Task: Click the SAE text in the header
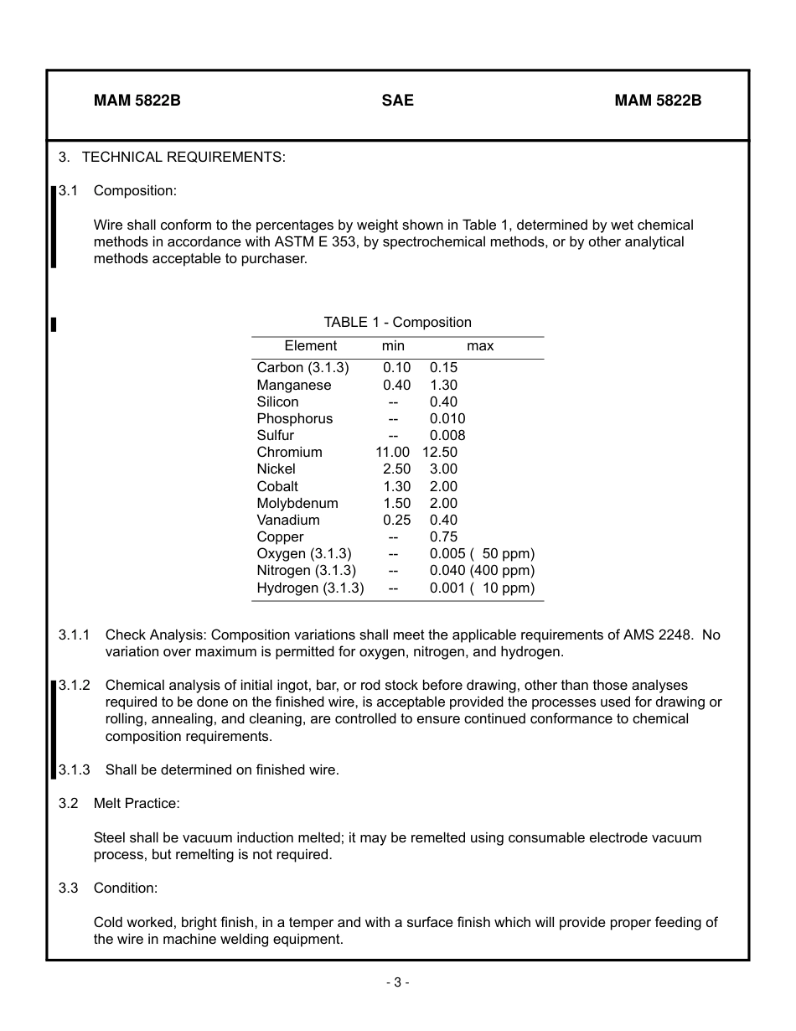point(397,101)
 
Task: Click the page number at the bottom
point(397,982)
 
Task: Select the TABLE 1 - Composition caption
point(397,323)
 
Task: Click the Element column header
point(310,346)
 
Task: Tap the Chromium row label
point(289,453)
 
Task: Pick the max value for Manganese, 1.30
point(443,386)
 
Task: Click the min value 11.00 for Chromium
point(392,453)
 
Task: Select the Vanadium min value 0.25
point(396,521)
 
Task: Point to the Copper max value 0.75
point(443,537)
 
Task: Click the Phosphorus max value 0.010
point(447,419)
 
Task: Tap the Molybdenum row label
point(297,504)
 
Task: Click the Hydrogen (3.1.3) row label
point(310,588)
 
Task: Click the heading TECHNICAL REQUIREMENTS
point(183,157)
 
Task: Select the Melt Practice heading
point(137,804)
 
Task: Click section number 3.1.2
point(75,686)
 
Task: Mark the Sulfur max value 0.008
point(447,436)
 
